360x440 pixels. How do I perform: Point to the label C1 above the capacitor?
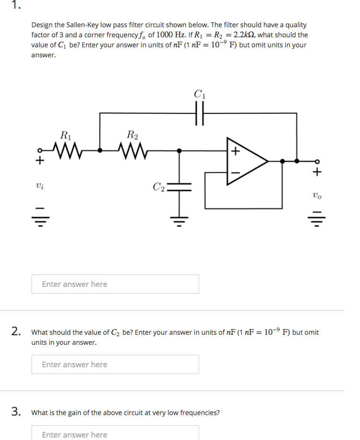[x=200, y=94]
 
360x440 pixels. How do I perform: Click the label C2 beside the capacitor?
[x=159, y=187]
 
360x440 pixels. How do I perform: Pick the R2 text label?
[x=132, y=135]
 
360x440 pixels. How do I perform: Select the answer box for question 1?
[x=115, y=284]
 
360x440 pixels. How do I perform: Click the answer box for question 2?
[x=115, y=364]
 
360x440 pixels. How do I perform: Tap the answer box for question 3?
[x=115, y=433]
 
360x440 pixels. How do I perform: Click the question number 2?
[x=16, y=331]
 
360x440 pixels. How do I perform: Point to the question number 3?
[x=16, y=411]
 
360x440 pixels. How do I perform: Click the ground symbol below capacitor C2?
[x=180, y=221]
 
